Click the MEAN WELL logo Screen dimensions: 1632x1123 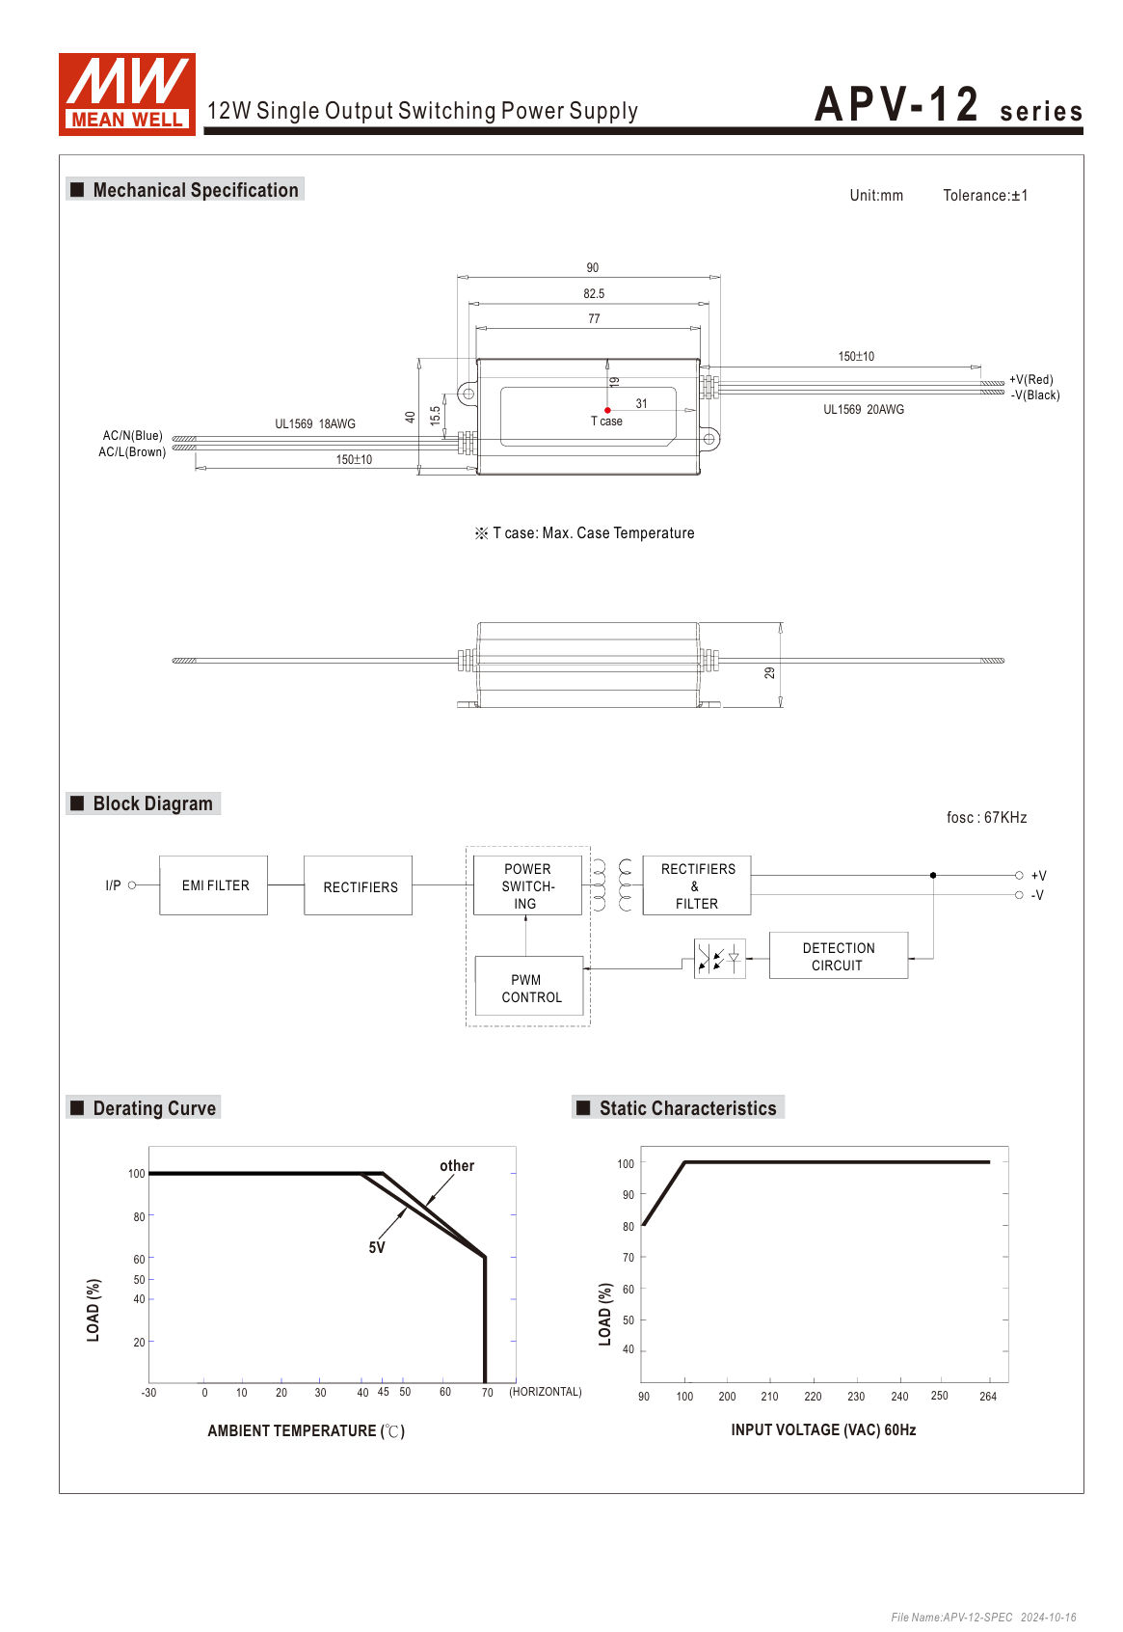pos(127,94)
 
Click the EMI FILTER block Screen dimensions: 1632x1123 pos(214,885)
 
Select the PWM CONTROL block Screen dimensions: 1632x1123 pos(529,988)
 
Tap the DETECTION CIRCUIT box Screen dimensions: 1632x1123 pos(838,956)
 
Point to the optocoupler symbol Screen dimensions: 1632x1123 pos(719,959)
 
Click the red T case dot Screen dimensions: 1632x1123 pos(607,410)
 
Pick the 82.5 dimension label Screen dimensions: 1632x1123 pos(594,293)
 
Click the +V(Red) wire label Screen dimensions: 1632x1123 pos(1030,380)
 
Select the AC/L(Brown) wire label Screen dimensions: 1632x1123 pos(132,451)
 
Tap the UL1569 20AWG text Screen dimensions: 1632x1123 pos(864,410)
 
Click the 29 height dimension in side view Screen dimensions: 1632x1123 pos(769,672)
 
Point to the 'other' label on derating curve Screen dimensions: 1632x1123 pos(457,1166)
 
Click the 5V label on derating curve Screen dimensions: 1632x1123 pos(377,1247)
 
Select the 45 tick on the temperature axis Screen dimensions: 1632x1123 pos(384,1392)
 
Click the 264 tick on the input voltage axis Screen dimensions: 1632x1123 pos(988,1397)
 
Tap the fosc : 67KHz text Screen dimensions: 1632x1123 pos(986,818)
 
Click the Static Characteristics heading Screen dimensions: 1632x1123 pos(687,1108)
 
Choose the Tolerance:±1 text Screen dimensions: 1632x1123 pos(985,196)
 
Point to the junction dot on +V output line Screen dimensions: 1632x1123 pos(933,875)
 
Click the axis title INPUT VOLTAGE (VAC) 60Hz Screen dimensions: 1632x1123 pos(823,1429)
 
